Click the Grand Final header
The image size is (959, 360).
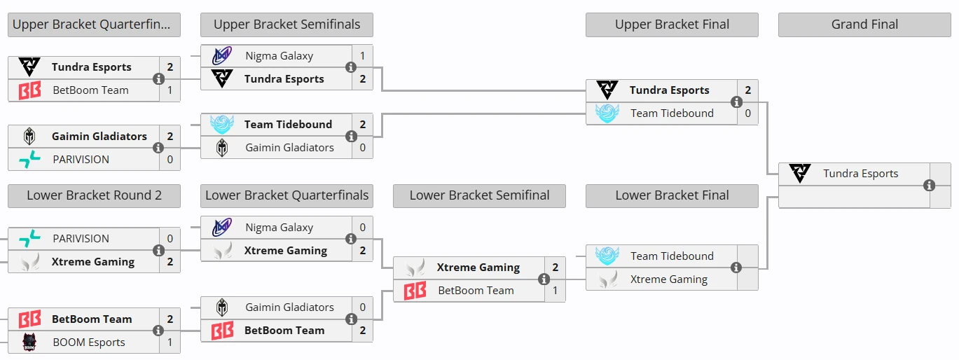[864, 25]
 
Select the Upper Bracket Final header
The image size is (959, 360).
[672, 25]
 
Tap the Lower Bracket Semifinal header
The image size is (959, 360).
[479, 195]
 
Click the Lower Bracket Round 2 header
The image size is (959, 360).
[94, 195]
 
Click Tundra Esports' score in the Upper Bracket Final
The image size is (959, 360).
[747, 90]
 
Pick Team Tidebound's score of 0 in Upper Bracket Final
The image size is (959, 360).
[747, 113]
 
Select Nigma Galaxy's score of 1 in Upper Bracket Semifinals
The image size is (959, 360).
[362, 55]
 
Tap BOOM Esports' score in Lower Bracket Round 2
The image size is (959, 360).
[170, 342]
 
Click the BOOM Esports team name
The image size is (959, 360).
[89, 342]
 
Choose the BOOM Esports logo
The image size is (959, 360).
[29, 342]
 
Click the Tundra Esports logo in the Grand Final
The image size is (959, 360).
[800, 174]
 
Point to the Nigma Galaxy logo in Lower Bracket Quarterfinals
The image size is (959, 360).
[222, 228]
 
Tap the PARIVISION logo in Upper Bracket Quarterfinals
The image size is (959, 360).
[29, 159]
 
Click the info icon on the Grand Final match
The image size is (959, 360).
[929, 186]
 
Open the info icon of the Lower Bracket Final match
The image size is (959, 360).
[736, 268]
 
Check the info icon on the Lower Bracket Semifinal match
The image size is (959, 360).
[544, 279]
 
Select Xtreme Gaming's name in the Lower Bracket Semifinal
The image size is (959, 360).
[478, 268]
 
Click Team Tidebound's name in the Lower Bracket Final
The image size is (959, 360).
[672, 256]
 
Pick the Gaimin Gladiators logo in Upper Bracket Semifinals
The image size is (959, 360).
[222, 148]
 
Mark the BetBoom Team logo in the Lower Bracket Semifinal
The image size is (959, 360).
[415, 291]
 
